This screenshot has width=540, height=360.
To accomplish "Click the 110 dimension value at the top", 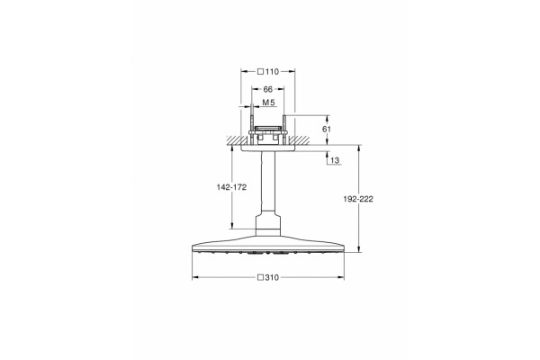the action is (272, 72).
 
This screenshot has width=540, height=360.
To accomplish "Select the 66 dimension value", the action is (268, 90).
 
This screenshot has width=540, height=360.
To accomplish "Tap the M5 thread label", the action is (268, 103).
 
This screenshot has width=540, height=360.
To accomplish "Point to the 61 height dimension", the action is (326, 130).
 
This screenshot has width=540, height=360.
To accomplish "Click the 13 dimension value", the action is (335, 160).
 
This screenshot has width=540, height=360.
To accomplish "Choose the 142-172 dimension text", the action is (231, 187).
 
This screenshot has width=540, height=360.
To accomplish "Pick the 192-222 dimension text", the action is (358, 199).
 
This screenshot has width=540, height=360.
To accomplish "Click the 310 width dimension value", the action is (272, 277).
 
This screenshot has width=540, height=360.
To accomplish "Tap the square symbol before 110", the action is (261, 72).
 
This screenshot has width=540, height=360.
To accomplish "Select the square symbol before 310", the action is (261, 277).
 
